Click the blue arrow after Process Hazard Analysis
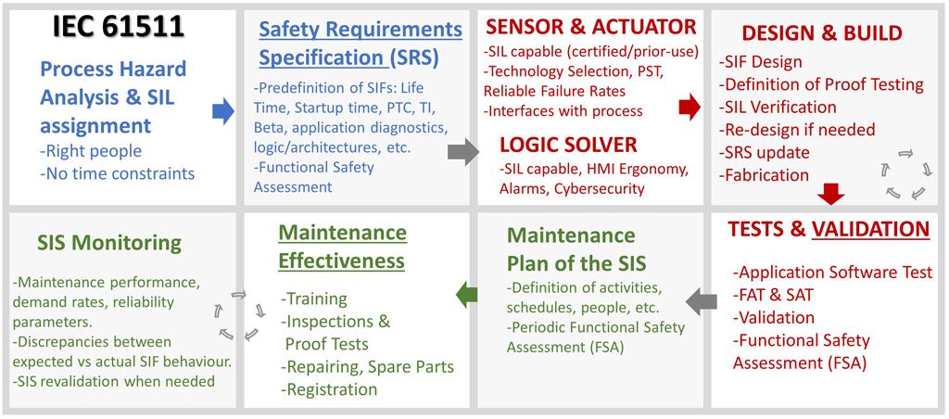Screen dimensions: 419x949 [x=223, y=111]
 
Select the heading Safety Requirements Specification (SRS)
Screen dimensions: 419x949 [x=360, y=43]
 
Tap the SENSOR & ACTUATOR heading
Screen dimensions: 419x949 [x=590, y=26]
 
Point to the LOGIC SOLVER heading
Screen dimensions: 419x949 [x=568, y=145]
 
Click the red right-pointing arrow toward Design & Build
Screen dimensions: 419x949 [x=689, y=108]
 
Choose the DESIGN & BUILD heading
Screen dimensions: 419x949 [x=822, y=33]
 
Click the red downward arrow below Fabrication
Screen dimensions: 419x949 [x=831, y=194]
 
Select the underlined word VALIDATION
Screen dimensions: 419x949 [x=870, y=229]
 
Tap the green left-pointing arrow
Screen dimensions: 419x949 [x=465, y=295]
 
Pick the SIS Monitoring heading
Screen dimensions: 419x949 [x=109, y=243]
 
